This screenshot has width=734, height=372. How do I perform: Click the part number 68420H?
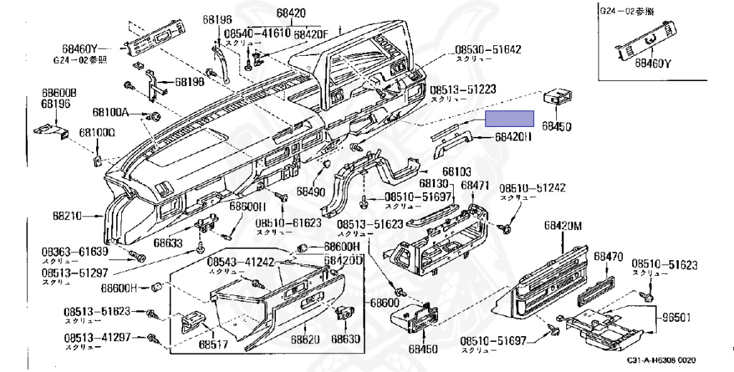[x=513, y=136]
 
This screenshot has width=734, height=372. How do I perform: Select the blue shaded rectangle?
[x=510, y=118]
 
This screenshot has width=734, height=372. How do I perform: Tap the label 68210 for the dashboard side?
[x=67, y=215]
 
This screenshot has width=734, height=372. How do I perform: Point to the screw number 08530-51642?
[x=487, y=50]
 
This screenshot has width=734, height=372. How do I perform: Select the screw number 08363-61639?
[x=74, y=252]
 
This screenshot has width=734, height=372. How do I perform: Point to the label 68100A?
[x=110, y=113]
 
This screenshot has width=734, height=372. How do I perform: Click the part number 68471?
[x=475, y=185]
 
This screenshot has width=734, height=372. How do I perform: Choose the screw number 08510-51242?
[x=533, y=188]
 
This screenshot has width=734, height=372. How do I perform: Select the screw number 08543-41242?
[x=241, y=262]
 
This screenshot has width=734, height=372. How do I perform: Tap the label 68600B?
[x=59, y=93]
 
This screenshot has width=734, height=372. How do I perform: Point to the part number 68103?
[x=456, y=172]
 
